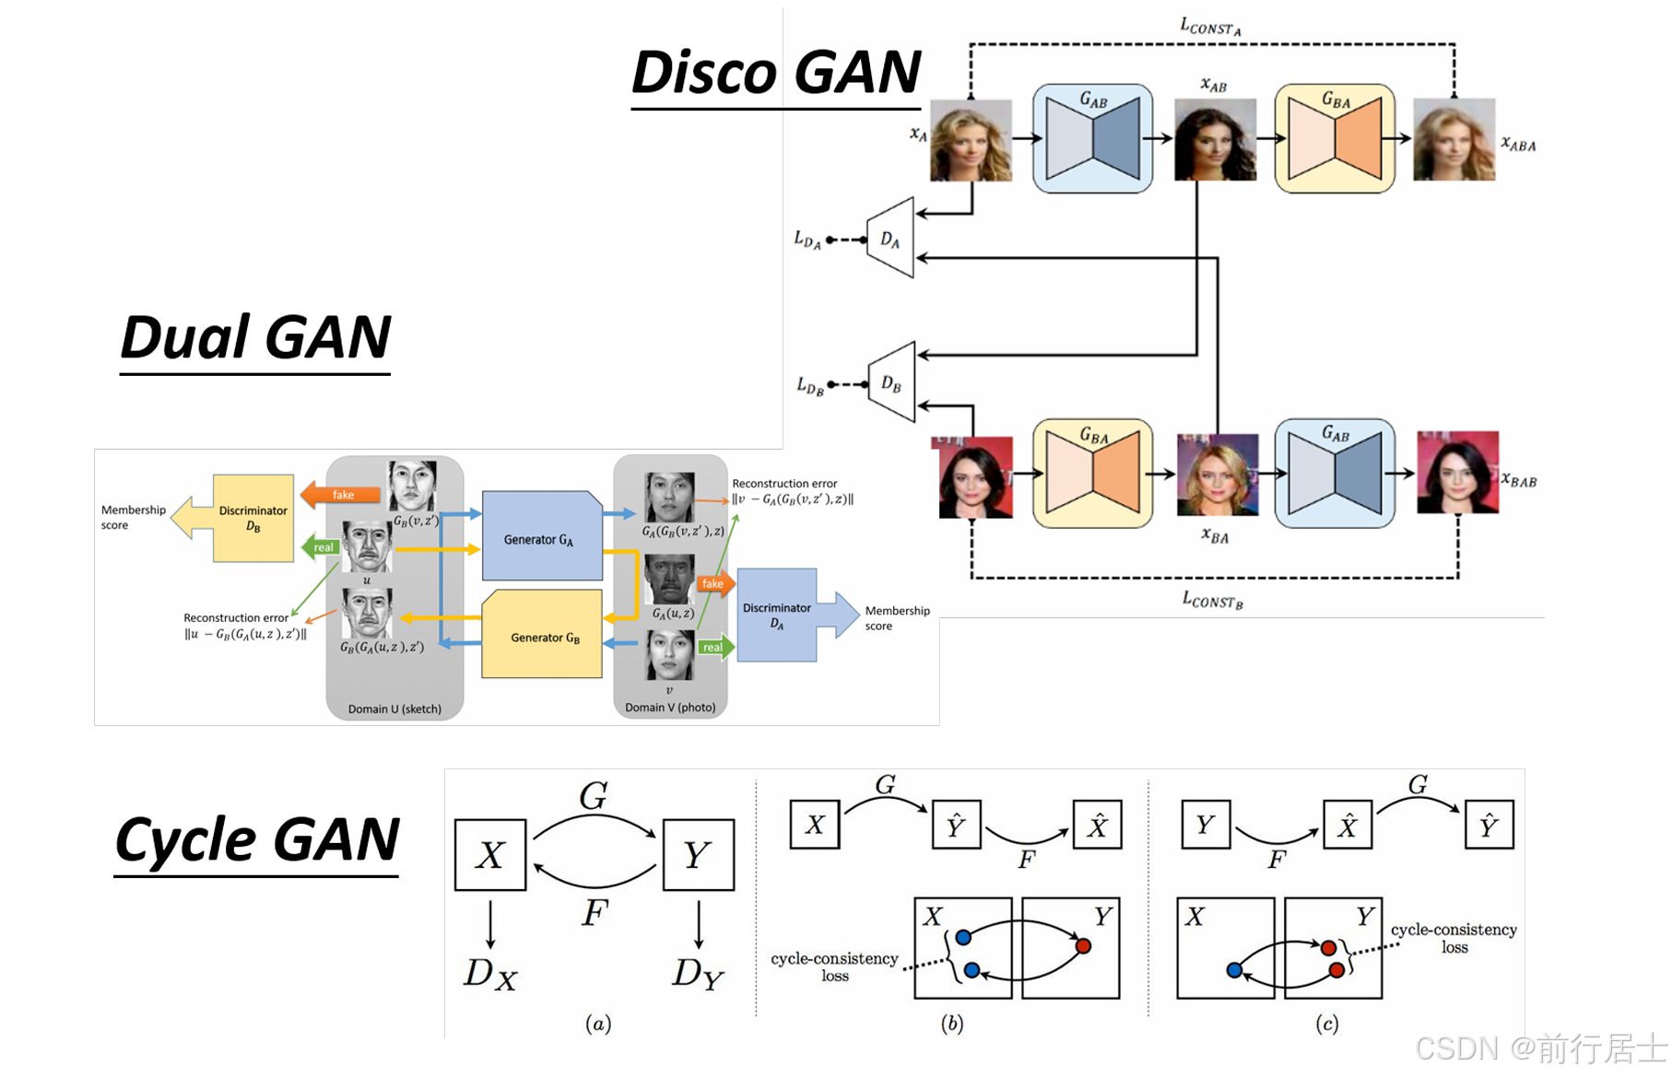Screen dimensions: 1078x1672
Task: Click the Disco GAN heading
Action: [776, 72]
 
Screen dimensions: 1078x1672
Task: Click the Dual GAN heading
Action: [255, 336]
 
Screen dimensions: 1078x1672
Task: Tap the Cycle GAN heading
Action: [256, 839]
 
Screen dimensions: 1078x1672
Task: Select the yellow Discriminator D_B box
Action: [253, 518]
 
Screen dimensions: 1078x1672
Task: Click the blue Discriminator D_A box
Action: [777, 615]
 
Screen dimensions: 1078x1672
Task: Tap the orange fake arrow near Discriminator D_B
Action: [341, 495]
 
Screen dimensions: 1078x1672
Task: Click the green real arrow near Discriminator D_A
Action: [714, 647]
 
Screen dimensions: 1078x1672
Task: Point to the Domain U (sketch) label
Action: [394, 709]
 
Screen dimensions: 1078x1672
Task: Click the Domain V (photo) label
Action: [670, 707]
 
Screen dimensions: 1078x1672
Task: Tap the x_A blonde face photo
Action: [971, 140]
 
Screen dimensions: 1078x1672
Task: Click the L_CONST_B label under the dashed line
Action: [1212, 600]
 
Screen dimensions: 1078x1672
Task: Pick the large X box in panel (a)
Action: [490, 855]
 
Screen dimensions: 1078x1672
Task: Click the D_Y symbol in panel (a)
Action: [698, 973]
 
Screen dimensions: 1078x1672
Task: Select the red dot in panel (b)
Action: [1083, 946]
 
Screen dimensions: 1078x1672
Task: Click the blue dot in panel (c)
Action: [1234, 970]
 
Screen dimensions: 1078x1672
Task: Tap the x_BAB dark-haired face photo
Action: [1457, 473]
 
